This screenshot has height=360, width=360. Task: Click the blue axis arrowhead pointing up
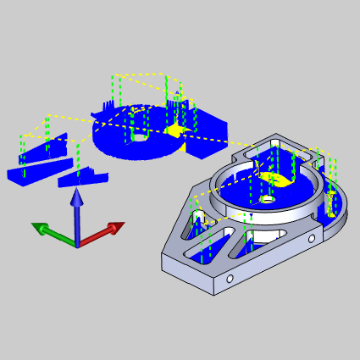pos(76,197)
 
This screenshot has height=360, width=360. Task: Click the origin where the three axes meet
pos(76,245)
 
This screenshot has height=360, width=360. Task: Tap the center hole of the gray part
pos(267,200)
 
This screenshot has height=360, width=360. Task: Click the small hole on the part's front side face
pos(229,277)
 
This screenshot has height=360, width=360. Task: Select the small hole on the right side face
pos(312,239)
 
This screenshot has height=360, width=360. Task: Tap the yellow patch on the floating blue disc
pos(174,130)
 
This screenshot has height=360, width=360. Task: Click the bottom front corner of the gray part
pos(214,294)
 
